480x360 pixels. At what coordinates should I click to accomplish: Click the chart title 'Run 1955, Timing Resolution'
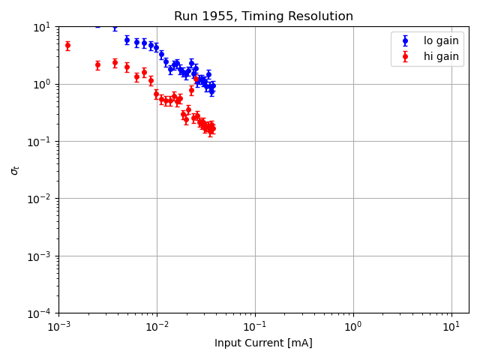point(263,16)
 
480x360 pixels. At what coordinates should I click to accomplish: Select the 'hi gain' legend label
point(441,56)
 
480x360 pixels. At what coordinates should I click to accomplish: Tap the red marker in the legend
point(406,56)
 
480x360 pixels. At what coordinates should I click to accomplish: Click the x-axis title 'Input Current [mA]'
point(263,343)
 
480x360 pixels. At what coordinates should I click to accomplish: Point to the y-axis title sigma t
point(15,170)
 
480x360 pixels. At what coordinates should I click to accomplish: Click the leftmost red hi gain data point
point(67,46)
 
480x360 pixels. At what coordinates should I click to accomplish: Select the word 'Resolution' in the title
point(323,16)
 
